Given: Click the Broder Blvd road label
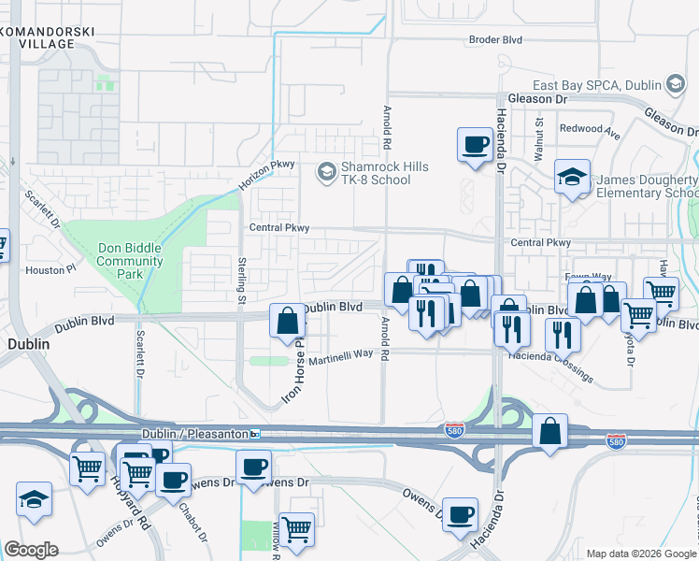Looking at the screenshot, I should (x=496, y=40).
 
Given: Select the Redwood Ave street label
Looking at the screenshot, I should (x=590, y=131).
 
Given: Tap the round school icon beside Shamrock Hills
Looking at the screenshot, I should (x=325, y=172).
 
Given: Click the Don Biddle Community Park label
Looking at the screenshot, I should (x=129, y=261).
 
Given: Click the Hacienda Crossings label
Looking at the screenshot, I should (x=551, y=367).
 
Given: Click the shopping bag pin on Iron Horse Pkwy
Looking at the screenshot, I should (x=288, y=320).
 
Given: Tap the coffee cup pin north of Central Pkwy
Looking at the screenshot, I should (x=475, y=145).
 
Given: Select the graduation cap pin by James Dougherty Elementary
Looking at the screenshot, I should (x=572, y=176).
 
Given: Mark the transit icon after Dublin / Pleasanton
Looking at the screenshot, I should (x=254, y=435).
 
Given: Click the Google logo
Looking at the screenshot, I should (x=31, y=550).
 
